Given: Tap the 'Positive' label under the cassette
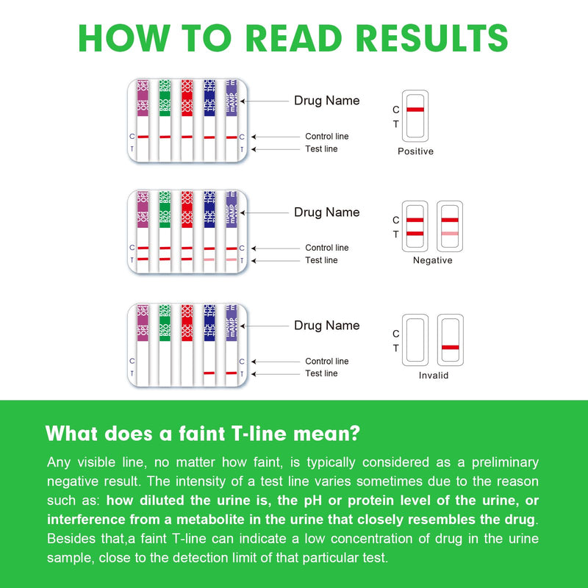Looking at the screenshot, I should click(x=415, y=151).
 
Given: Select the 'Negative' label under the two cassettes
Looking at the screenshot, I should click(x=432, y=260).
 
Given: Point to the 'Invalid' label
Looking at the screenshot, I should click(x=433, y=375).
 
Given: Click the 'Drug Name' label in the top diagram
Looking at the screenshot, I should click(x=326, y=101).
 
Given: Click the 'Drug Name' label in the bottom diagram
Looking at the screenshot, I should click(x=326, y=326).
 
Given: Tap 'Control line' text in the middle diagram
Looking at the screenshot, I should click(x=326, y=248).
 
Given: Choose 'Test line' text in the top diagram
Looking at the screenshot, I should click(x=321, y=149).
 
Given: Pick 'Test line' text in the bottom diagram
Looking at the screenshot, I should click(x=321, y=373).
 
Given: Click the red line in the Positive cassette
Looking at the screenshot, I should click(x=415, y=110).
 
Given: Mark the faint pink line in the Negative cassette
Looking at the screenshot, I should click(x=449, y=234).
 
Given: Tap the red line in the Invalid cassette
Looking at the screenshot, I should click(x=450, y=347).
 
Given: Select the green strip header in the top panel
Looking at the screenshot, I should click(x=165, y=97).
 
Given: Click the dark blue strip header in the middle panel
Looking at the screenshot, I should click(x=209, y=209).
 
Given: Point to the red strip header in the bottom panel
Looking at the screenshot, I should click(x=187, y=322).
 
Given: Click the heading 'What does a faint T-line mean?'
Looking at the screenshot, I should click(x=203, y=433).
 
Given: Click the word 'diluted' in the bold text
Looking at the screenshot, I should click(x=162, y=501).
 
